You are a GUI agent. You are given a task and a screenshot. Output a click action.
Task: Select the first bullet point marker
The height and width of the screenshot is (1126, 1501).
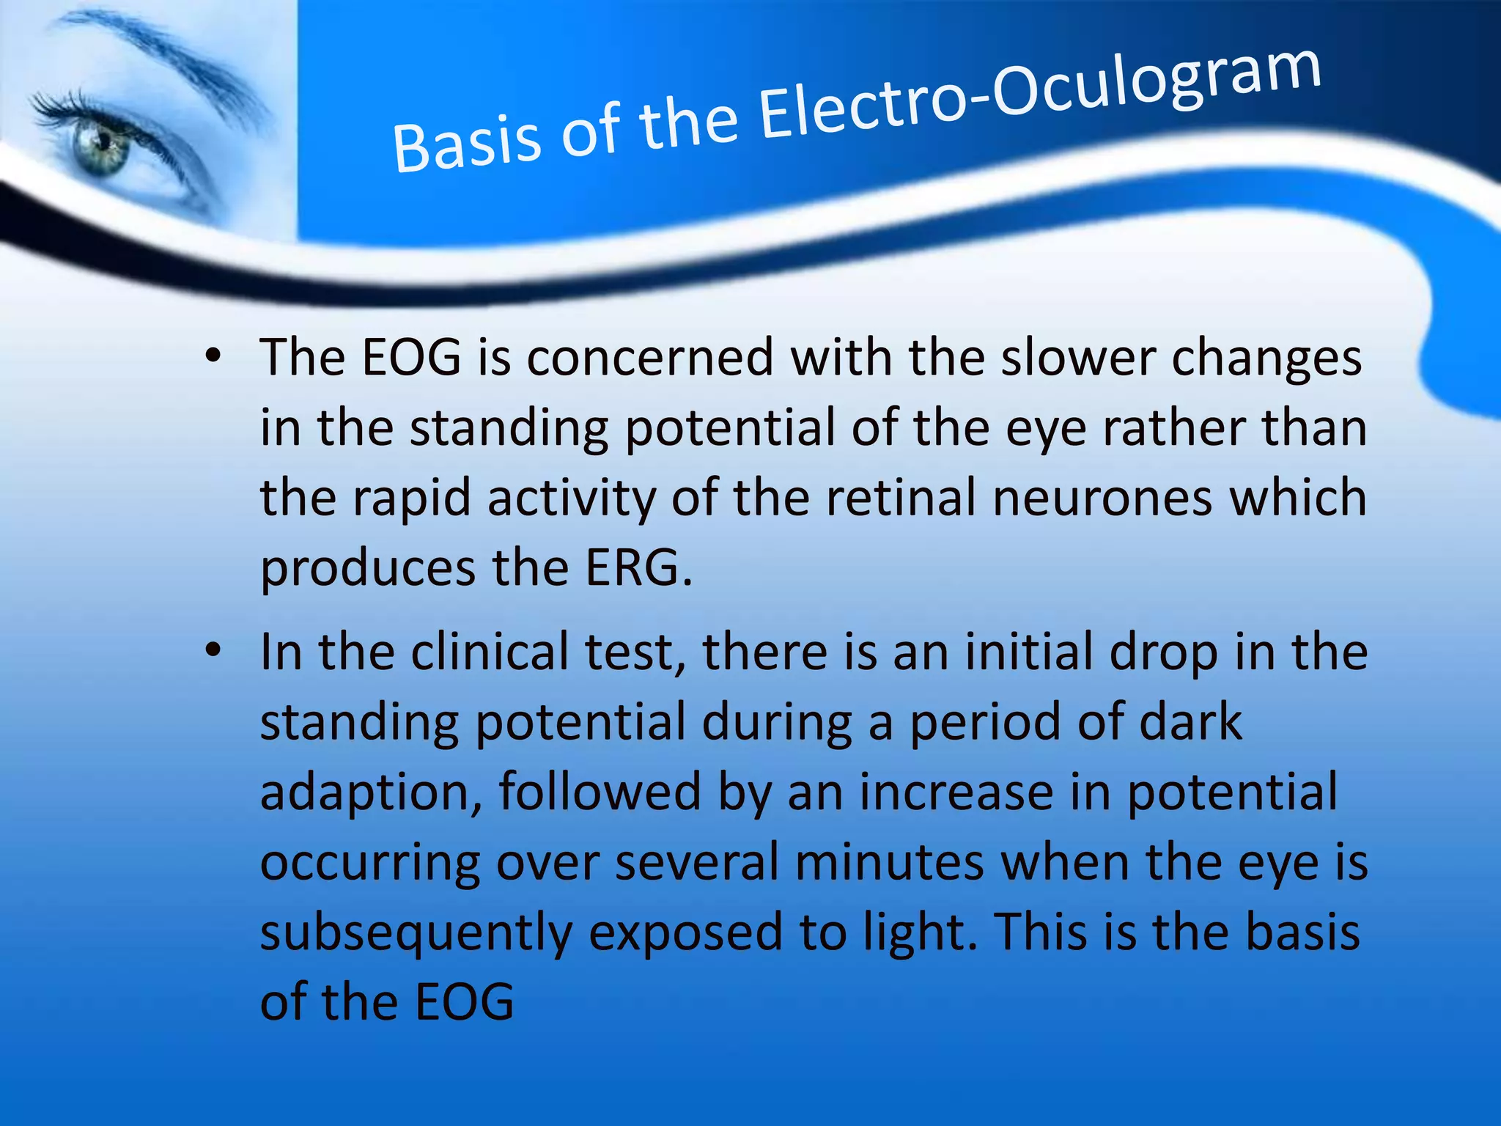(213, 358)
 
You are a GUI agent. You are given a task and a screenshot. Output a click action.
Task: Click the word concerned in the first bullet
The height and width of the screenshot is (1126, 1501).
(649, 358)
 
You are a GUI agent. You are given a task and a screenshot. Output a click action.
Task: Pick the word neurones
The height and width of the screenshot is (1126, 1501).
(1102, 498)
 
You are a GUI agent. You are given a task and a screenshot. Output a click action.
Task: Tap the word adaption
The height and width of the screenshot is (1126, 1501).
(371, 794)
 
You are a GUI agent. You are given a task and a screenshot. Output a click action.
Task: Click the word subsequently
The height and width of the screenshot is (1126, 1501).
(416, 934)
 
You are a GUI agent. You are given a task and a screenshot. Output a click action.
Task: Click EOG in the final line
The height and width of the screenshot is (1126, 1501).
(465, 1003)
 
